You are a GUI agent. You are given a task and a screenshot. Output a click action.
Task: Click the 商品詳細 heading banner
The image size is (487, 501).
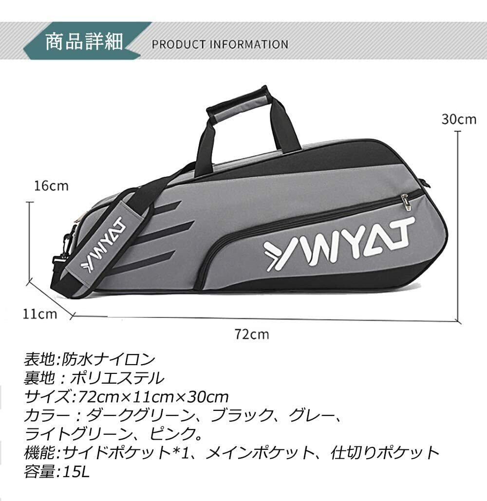pyautogui.click(x=84, y=42)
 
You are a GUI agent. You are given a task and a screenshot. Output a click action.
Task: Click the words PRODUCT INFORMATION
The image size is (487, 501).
pyautogui.click(x=220, y=44)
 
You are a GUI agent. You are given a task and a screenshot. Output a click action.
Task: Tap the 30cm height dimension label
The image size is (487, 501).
pyautogui.click(x=459, y=119)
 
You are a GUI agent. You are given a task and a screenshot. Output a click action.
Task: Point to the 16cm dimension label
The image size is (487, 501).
pyautogui.click(x=51, y=186)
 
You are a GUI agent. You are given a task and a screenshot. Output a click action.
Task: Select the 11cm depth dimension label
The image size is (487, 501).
pyautogui.click(x=40, y=314)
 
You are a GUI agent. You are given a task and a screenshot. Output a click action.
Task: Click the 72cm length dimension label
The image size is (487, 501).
pyautogui.click(x=251, y=334)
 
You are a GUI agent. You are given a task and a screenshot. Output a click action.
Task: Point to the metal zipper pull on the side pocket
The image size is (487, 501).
pyautogui.click(x=405, y=201)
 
